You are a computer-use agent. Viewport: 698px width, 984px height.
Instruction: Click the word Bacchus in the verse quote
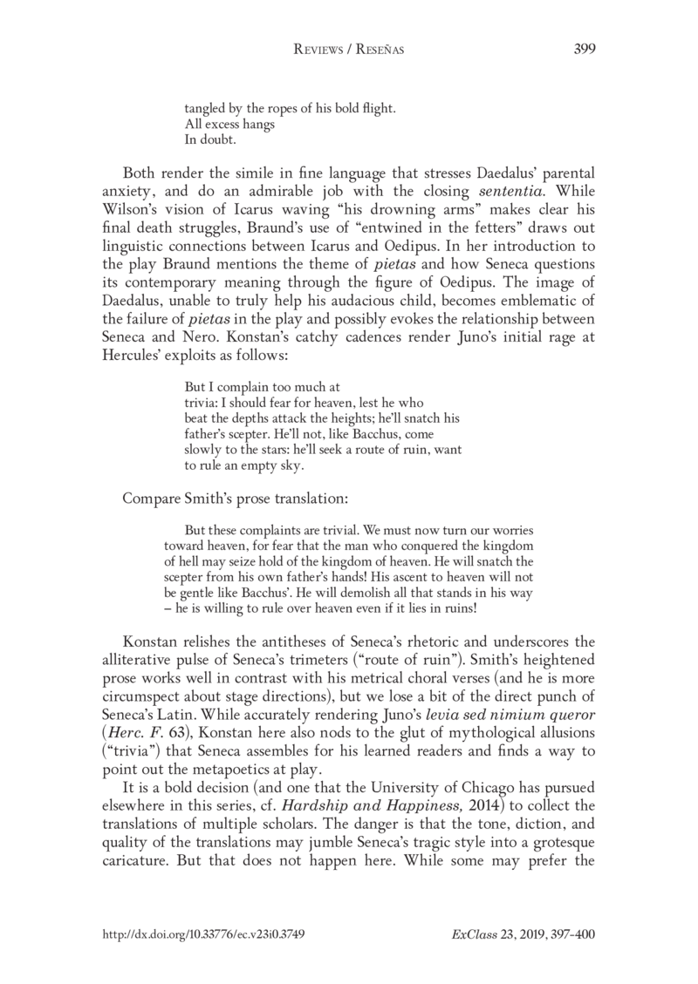377,433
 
